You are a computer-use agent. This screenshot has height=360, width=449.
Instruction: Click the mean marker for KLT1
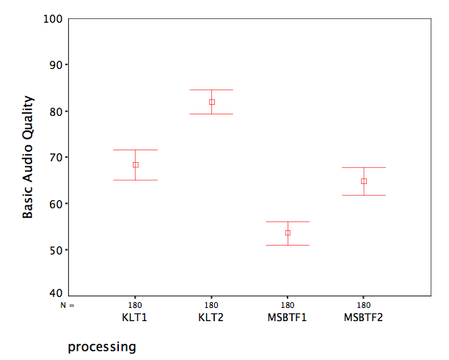(x=135, y=165)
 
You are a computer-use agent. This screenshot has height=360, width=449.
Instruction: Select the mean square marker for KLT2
(x=211, y=102)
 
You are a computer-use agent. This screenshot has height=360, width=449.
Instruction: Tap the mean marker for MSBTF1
(x=288, y=233)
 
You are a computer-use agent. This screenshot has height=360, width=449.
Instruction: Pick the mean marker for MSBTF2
(x=363, y=181)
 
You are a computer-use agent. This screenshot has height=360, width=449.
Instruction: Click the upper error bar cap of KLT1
(x=135, y=150)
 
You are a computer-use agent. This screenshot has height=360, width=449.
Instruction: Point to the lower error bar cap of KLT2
(x=211, y=114)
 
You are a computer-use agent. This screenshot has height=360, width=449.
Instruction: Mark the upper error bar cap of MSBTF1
(x=288, y=221)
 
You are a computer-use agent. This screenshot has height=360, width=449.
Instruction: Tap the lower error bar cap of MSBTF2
(x=363, y=195)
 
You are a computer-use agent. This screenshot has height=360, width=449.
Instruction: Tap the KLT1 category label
(x=135, y=317)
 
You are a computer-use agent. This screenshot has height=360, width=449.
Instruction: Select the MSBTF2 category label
(x=363, y=317)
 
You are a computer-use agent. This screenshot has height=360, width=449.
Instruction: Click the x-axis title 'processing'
(x=102, y=345)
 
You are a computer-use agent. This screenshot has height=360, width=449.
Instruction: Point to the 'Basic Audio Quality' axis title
(x=28, y=157)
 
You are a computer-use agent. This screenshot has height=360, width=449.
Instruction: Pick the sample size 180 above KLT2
(x=211, y=306)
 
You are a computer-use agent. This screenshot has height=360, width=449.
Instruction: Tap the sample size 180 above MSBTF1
(x=288, y=306)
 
